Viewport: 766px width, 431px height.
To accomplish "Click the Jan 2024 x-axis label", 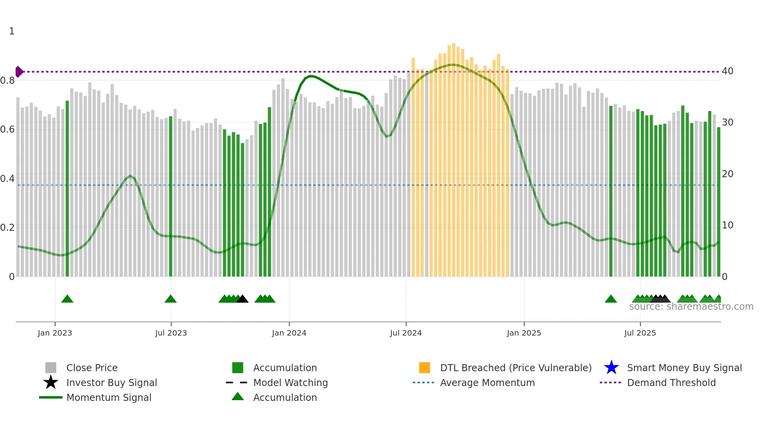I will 289,333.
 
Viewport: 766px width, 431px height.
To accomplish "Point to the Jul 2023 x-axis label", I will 171,333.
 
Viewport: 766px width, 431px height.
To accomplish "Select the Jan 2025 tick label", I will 524,333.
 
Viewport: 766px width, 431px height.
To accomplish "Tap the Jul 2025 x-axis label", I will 640,333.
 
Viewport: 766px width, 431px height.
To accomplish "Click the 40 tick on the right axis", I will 727,71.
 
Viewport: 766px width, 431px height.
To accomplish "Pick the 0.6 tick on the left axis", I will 7,129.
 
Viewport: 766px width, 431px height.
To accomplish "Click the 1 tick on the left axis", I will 12,31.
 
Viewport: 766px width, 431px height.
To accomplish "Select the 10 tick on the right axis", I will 727,225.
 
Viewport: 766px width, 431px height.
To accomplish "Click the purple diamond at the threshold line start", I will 19,72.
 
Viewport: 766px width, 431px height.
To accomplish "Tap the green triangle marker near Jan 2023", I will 67,299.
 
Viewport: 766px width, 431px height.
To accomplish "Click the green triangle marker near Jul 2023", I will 170,299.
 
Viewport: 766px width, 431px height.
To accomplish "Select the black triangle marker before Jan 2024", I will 242,299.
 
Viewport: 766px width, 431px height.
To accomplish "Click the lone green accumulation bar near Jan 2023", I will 67,188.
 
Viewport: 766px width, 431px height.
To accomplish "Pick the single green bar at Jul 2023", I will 170,196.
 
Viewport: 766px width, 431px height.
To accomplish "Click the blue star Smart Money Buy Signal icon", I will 611,368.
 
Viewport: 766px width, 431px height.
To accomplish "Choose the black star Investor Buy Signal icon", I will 51,383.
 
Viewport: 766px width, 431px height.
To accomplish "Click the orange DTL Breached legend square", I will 424,368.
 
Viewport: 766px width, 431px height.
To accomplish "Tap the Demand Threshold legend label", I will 671,383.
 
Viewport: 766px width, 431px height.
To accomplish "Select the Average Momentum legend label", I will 487,383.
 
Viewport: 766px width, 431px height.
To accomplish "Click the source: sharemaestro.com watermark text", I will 691,307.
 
